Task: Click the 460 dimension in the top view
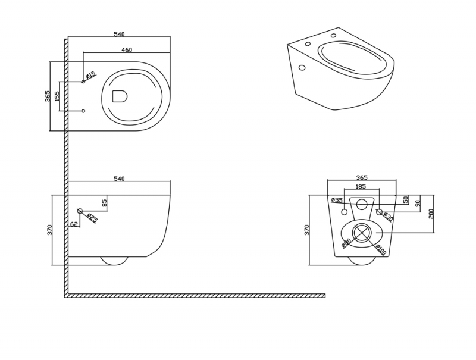point(126,50)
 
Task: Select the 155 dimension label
point(57,96)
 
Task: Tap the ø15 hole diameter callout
point(91,75)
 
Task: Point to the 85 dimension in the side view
point(105,203)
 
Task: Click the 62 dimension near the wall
point(74,225)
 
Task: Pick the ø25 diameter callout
point(92,218)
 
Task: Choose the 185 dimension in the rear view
point(361,187)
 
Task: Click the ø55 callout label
point(337,201)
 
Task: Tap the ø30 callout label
point(388,217)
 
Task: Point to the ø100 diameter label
point(381,249)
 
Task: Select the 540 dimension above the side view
point(119,179)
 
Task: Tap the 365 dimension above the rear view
point(362,177)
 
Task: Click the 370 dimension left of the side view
point(50,229)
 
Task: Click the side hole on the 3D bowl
point(302,68)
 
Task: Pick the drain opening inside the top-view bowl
point(120,96)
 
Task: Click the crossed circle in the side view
point(80,211)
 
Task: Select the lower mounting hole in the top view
point(83,111)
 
